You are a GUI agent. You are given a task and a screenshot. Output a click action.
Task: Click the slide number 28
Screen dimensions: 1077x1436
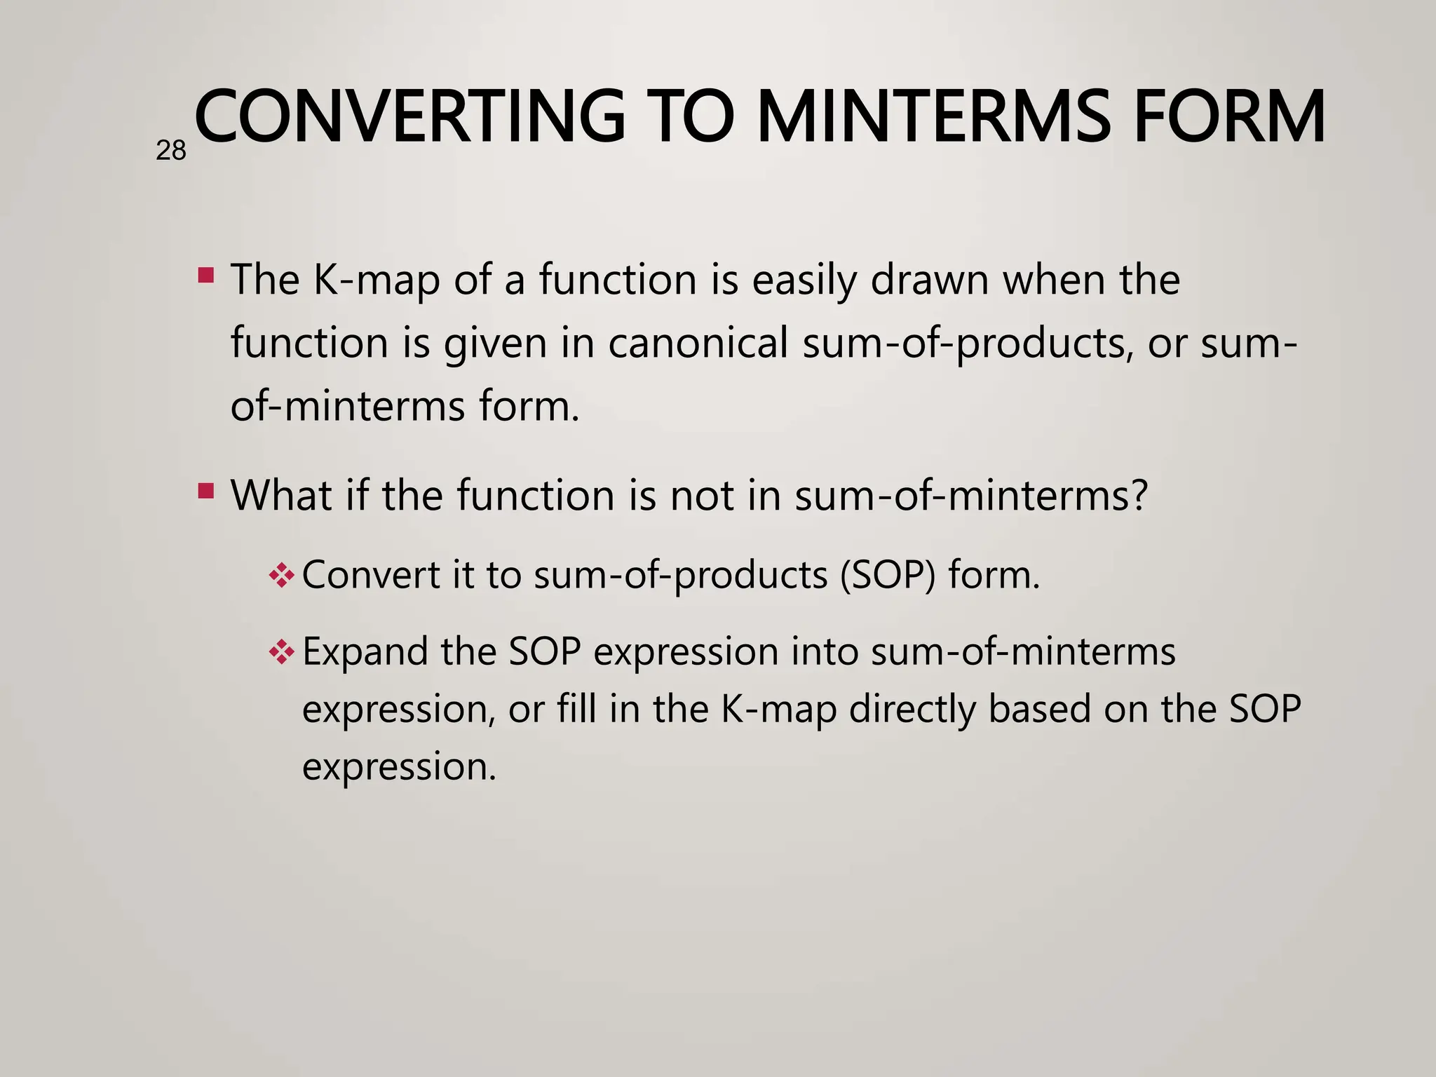[x=170, y=151]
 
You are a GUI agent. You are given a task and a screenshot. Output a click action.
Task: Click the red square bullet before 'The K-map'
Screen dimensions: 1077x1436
[x=206, y=274]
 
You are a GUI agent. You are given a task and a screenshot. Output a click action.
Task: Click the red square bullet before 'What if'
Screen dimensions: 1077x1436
[x=206, y=490]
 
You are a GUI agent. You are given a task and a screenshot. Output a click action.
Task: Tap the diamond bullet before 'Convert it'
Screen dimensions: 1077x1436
[x=281, y=576]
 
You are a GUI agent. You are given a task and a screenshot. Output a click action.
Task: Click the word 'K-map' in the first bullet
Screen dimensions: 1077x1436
[x=376, y=280]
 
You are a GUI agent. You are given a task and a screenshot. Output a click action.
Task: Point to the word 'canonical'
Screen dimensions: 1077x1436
[x=698, y=344]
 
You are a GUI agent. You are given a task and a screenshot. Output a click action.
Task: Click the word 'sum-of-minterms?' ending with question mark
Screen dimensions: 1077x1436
[x=971, y=495]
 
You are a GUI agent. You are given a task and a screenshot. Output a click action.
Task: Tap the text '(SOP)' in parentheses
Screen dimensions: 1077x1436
[x=888, y=575]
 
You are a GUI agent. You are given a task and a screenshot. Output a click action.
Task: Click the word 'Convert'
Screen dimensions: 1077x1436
[x=370, y=575]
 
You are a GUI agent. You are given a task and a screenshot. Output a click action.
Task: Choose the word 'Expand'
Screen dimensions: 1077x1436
[x=365, y=652]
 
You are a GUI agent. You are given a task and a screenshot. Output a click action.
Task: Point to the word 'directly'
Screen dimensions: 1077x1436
[x=912, y=710]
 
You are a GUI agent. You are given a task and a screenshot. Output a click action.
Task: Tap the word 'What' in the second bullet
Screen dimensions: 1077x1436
[x=281, y=495]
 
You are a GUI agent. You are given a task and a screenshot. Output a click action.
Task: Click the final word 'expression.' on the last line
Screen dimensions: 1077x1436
[x=399, y=766]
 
